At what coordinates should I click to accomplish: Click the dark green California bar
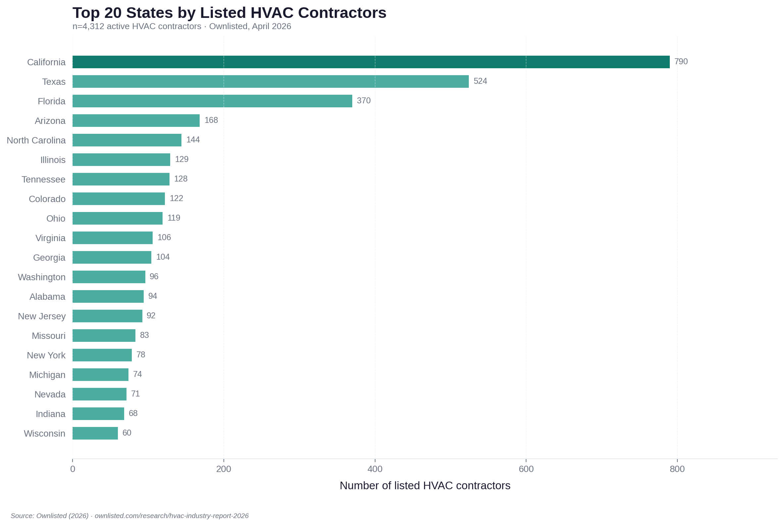coord(370,62)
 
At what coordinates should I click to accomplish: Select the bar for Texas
coord(270,81)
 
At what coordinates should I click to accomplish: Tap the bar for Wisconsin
coord(95,433)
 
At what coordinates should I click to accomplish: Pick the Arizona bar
coord(136,121)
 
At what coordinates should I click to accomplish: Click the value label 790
coord(681,62)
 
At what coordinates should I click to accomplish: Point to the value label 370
coord(364,101)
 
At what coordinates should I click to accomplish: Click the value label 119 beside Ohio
coord(174,218)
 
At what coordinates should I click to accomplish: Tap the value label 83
coord(144,335)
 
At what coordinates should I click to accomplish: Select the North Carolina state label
coord(36,140)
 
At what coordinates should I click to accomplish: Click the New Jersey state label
coord(42,316)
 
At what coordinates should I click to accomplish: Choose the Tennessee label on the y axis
coord(44,180)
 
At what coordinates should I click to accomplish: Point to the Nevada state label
coord(50,394)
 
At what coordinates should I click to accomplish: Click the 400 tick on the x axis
coord(374,469)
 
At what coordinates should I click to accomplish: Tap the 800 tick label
coord(677,469)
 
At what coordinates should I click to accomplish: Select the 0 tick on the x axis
coord(73,469)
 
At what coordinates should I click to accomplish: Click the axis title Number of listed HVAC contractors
coord(425,485)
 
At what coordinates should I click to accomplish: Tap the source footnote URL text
coord(171,516)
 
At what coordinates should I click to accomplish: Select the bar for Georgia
coord(112,257)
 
